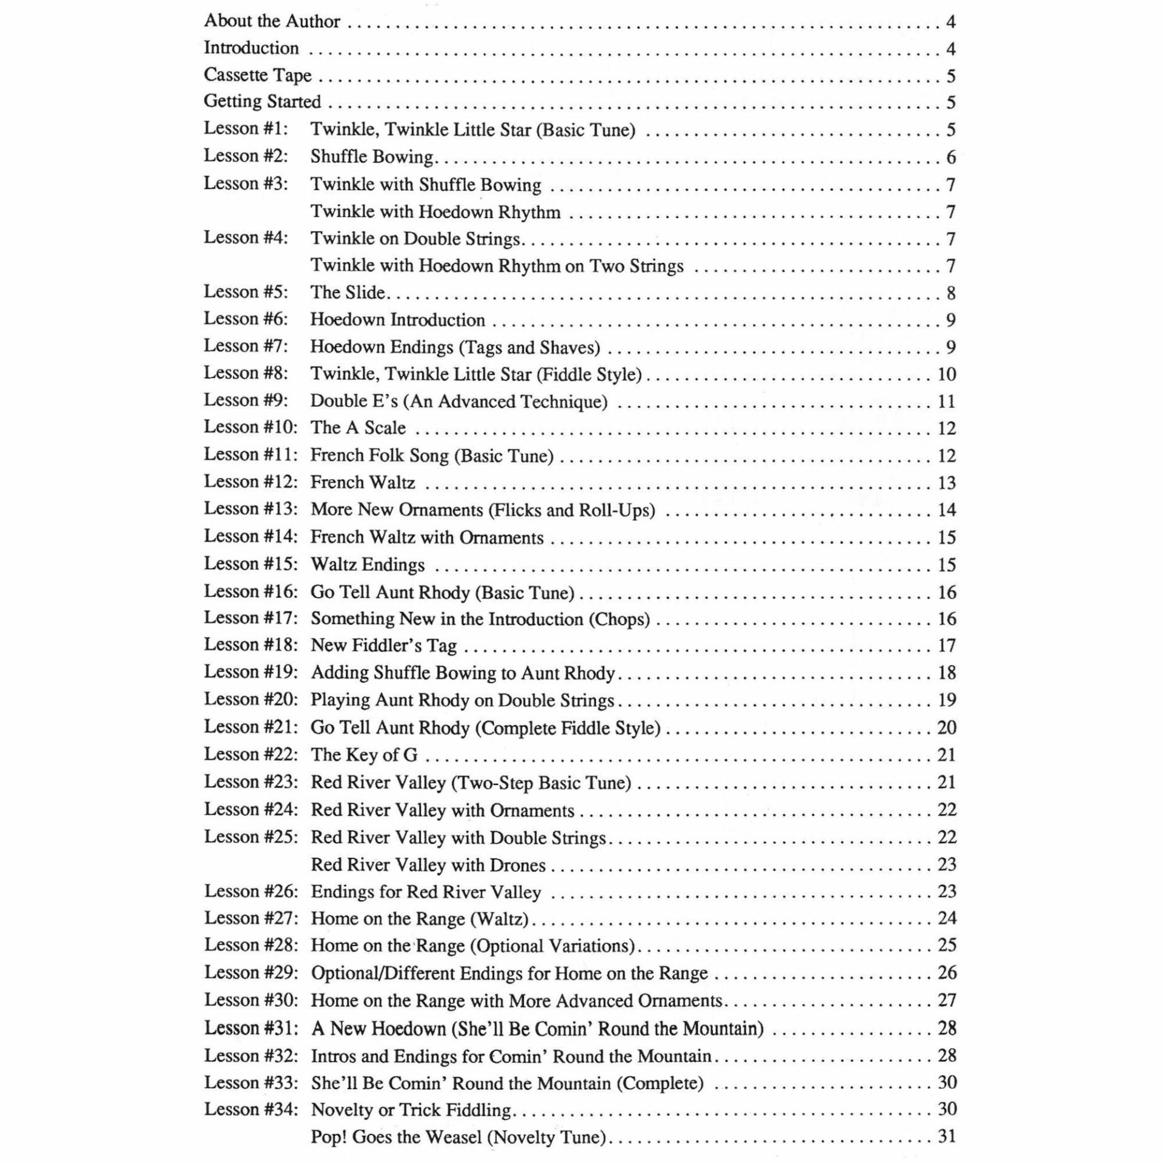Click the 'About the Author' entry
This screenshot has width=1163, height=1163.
point(272,21)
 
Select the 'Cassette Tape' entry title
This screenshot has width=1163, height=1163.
point(257,75)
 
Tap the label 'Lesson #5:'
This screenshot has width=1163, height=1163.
point(246,292)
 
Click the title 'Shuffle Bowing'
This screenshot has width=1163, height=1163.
point(372,157)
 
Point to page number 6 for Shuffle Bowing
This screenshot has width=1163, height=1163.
point(950,157)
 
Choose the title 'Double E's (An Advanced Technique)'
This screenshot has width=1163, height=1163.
point(459,402)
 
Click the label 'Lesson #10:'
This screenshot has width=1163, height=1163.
point(250,428)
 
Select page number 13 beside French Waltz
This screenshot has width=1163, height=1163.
point(946,483)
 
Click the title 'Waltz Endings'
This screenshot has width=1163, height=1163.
point(368,565)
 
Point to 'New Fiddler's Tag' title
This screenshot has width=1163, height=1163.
point(383,646)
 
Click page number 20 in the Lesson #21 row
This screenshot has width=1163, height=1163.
point(946,727)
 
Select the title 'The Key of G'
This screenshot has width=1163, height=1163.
point(364,755)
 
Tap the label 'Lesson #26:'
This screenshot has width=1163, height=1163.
point(251,892)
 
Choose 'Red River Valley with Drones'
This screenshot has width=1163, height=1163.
point(428,865)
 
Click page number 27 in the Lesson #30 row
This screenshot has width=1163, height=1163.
point(946,1000)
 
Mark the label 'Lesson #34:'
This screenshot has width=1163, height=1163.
point(251,1109)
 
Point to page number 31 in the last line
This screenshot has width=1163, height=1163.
point(946,1136)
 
